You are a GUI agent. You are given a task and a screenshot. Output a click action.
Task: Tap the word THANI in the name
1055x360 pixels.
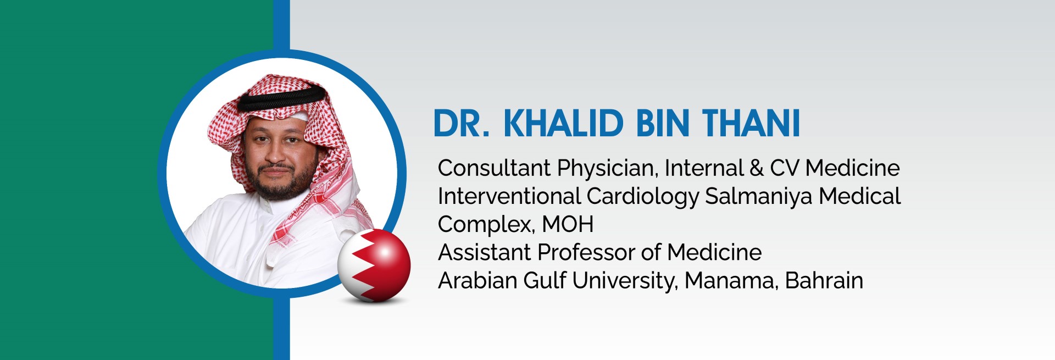[x=751, y=123]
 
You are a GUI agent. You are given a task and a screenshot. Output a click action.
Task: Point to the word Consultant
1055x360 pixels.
[x=494, y=168]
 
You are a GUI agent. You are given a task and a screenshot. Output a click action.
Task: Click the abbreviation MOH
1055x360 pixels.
[x=568, y=224]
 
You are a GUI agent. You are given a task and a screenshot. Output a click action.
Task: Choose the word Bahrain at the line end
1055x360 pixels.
[x=824, y=281]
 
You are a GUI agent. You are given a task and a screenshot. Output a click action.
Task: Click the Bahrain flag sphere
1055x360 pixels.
[x=374, y=265]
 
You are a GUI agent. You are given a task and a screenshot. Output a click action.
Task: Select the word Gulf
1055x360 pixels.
[x=544, y=281]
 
